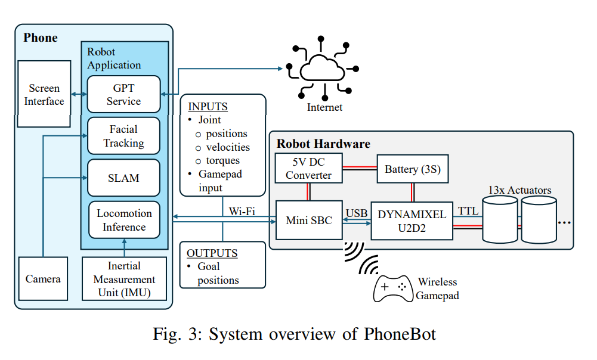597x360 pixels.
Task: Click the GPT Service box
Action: (x=123, y=94)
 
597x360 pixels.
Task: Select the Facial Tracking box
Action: (x=123, y=136)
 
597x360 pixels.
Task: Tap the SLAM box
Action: (x=123, y=178)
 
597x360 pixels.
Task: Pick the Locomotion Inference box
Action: (x=124, y=220)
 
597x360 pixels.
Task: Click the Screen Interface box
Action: (x=44, y=94)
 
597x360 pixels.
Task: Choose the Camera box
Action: (x=43, y=279)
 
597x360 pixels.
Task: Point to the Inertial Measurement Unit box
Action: (x=124, y=279)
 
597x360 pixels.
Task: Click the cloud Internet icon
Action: (x=322, y=69)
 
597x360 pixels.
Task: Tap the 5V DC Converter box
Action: (x=309, y=168)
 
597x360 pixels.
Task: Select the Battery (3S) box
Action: (x=413, y=169)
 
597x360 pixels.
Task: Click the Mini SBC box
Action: (x=309, y=221)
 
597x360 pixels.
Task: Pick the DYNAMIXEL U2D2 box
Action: (x=412, y=221)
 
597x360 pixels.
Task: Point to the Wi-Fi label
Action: (x=242, y=211)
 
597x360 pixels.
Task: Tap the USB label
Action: (x=357, y=213)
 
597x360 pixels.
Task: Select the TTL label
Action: (x=468, y=211)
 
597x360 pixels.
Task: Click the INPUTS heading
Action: (x=208, y=107)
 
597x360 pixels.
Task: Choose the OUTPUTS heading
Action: (x=212, y=253)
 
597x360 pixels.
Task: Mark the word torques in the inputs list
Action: (x=222, y=161)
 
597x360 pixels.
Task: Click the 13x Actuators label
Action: (x=519, y=190)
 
